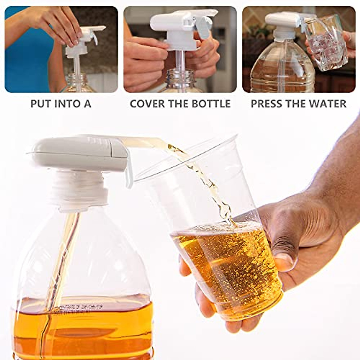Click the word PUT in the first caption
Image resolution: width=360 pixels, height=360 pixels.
[41, 104]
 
